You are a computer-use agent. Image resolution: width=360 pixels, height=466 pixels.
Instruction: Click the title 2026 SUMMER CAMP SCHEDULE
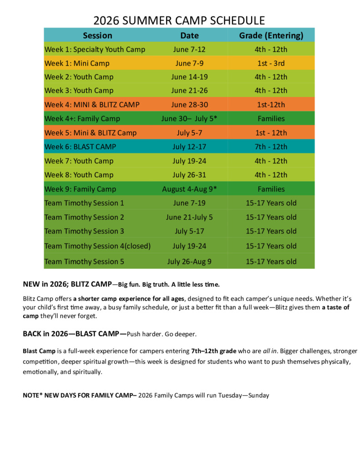(179, 20)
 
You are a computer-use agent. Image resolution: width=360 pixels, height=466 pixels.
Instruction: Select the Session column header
(97, 35)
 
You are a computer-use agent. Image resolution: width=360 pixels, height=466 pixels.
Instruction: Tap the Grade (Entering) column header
(271, 35)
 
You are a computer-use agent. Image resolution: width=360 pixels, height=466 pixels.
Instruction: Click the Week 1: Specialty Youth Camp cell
(95, 49)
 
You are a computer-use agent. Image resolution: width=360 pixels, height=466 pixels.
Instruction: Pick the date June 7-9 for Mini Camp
(189, 63)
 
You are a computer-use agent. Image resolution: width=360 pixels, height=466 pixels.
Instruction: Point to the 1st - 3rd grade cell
(271, 63)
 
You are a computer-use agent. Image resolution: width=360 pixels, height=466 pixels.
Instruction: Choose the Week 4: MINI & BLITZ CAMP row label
(92, 105)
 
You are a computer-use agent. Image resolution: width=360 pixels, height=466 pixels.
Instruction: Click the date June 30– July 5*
(189, 119)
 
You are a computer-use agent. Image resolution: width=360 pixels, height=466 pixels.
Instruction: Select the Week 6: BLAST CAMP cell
(80, 147)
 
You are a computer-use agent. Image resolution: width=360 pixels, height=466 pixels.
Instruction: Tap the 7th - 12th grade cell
(271, 147)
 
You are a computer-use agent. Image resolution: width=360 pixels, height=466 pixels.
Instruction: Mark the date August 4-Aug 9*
(189, 189)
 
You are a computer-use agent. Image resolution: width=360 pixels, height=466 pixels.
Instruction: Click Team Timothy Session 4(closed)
(97, 246)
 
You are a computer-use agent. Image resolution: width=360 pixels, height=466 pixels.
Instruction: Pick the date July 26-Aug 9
(189, 262)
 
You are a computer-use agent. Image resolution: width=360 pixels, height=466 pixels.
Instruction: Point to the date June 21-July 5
(189, 217)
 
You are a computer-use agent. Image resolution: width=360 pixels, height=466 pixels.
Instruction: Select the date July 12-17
(189, 147)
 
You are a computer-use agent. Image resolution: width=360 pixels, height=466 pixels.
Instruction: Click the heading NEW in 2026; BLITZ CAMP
(67, 284)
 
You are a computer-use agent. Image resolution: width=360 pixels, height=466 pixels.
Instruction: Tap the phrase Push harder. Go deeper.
(162, 334)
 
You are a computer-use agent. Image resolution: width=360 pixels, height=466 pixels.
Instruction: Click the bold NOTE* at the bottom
(32, 395)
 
